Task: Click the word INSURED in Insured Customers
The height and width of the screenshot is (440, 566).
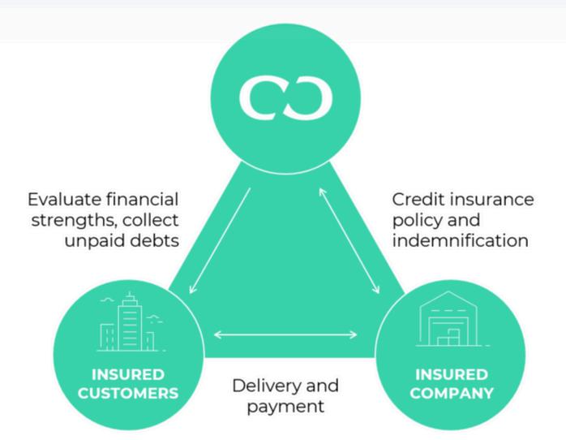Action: coord(127,375)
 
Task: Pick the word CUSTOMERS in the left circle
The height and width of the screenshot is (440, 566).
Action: coord(127,394)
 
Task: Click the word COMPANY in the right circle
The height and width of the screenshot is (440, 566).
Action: coord(452,394)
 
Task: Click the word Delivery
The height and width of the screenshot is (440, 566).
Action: coord(265,385)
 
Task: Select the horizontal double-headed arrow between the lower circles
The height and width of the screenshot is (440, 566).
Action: coord(284,334)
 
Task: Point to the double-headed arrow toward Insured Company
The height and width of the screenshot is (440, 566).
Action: coord(349,239)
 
